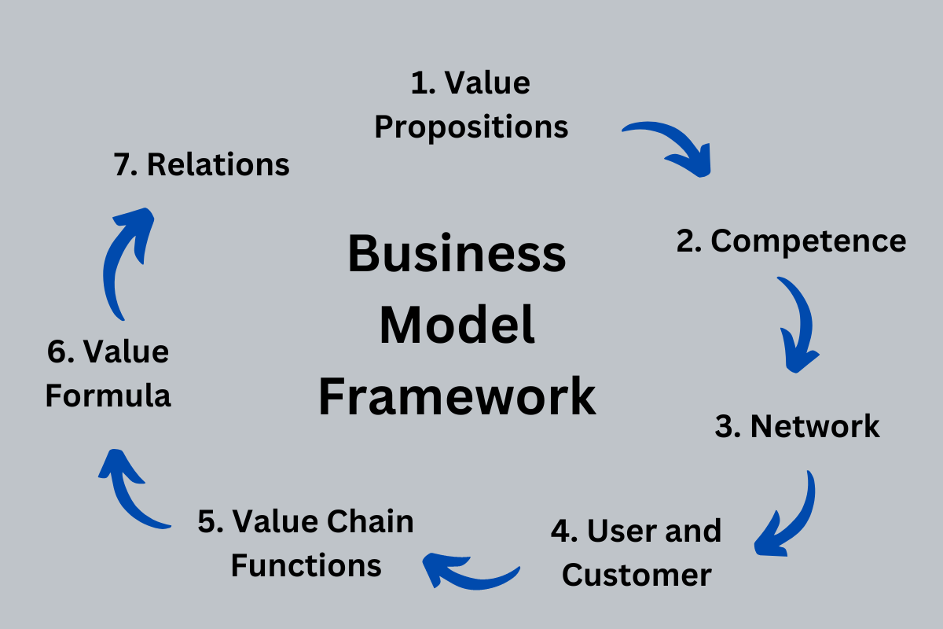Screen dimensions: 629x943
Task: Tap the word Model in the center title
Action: pos(457,326)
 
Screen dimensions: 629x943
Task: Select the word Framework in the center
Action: pos(457,397)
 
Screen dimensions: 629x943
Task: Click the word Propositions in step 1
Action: pos(472,127)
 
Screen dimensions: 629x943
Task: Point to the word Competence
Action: pos(809,241)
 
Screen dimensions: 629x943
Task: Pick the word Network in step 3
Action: pos(815,426)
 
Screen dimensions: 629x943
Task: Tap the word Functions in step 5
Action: pos(306,565)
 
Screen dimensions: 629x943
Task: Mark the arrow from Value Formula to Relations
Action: pos(126,259)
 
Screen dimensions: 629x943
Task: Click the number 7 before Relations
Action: pos(122,165)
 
